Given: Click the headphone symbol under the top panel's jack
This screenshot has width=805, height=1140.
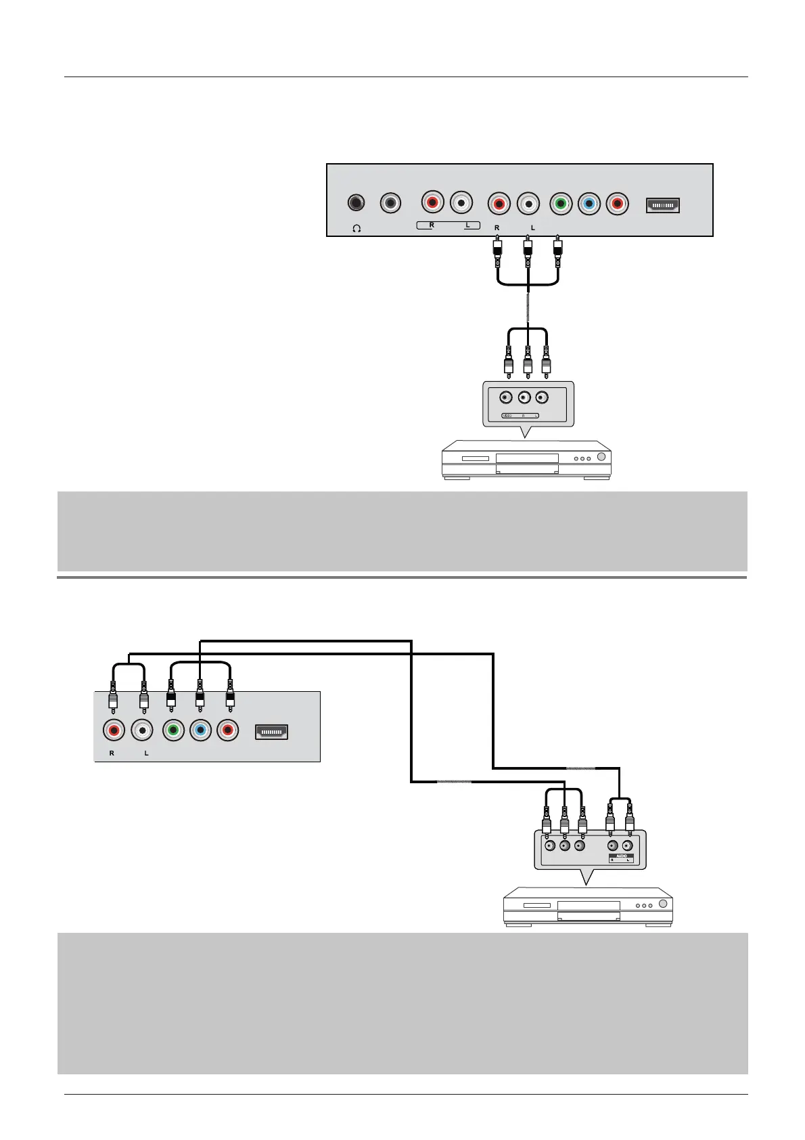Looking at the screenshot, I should click(x=356, y=228).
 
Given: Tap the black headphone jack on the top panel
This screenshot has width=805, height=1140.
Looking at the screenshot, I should click(x=356, y=203).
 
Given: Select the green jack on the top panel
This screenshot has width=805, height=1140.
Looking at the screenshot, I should click(x=560, y=203).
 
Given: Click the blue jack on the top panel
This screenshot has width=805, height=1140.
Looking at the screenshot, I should click(x=589, y=203).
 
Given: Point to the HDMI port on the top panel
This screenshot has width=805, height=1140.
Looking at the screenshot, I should click(x=663, y=205).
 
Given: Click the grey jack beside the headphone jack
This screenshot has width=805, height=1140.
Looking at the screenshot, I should click(x=390, y=203).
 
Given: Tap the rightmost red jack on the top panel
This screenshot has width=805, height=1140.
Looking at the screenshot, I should click(x=617, y=203).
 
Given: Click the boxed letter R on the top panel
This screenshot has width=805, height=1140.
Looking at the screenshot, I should click(x=432, y=225).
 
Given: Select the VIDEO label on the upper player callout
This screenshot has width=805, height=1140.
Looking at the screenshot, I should click(x=507, y=416).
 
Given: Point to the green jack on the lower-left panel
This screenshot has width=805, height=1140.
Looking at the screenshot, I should click(x=173, y=730).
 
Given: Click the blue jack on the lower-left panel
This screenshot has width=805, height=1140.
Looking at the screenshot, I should click(x=201, y=730).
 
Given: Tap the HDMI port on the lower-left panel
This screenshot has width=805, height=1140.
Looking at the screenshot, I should click(x=271, y=732).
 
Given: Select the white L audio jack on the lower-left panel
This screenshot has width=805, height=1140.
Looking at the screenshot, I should click(x=143, y=730).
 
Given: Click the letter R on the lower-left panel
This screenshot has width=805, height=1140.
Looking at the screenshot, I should click(x=112, y=753).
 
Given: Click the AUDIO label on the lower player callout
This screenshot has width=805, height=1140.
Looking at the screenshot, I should click(x=622, y=856).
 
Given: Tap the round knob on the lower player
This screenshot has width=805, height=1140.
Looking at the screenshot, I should click(x=663, y=904).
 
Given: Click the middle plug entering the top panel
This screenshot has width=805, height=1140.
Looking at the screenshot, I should click(x=528, y=250).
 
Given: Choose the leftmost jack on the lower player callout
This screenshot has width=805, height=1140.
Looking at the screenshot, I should click(x=547, y=846).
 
